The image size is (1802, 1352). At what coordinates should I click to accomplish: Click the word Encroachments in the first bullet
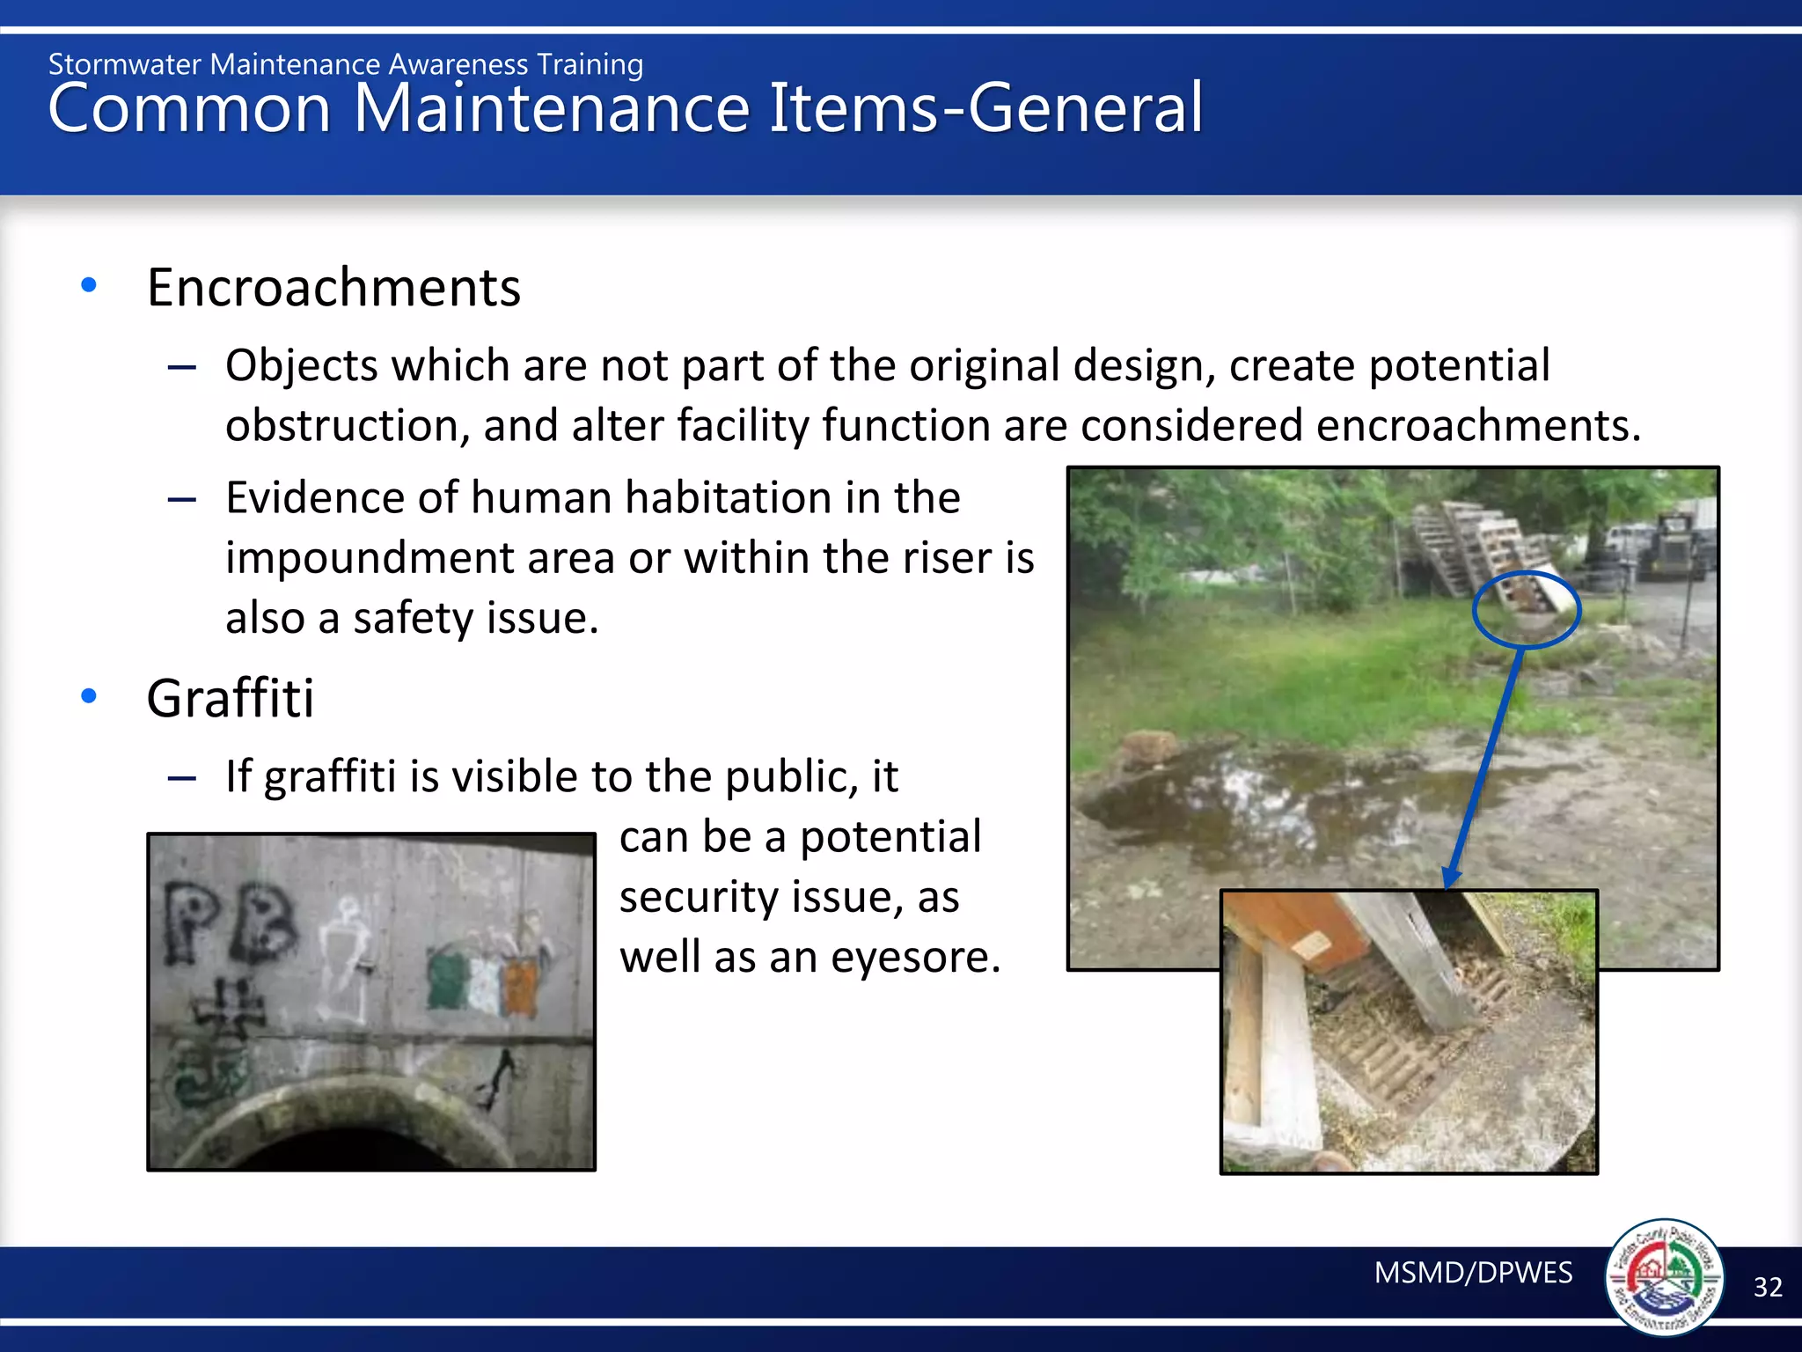(x=333, y=288)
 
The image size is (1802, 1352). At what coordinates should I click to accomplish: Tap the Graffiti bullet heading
(x=230, y=699)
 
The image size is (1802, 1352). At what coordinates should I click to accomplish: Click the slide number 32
(x=1768, y=1288)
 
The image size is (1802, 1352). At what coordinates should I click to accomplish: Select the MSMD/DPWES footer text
(x=1473, y=1273)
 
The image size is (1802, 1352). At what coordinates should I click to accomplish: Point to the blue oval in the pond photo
(x=1526, y=609)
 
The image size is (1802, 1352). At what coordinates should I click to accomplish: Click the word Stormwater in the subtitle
(x=125, y=65)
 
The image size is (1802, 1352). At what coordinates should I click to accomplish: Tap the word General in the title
(x=1085, y=108)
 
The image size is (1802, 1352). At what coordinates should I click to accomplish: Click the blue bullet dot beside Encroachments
(x=88, y=285)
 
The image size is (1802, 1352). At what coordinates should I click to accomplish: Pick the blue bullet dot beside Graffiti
(x=88, y=696)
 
